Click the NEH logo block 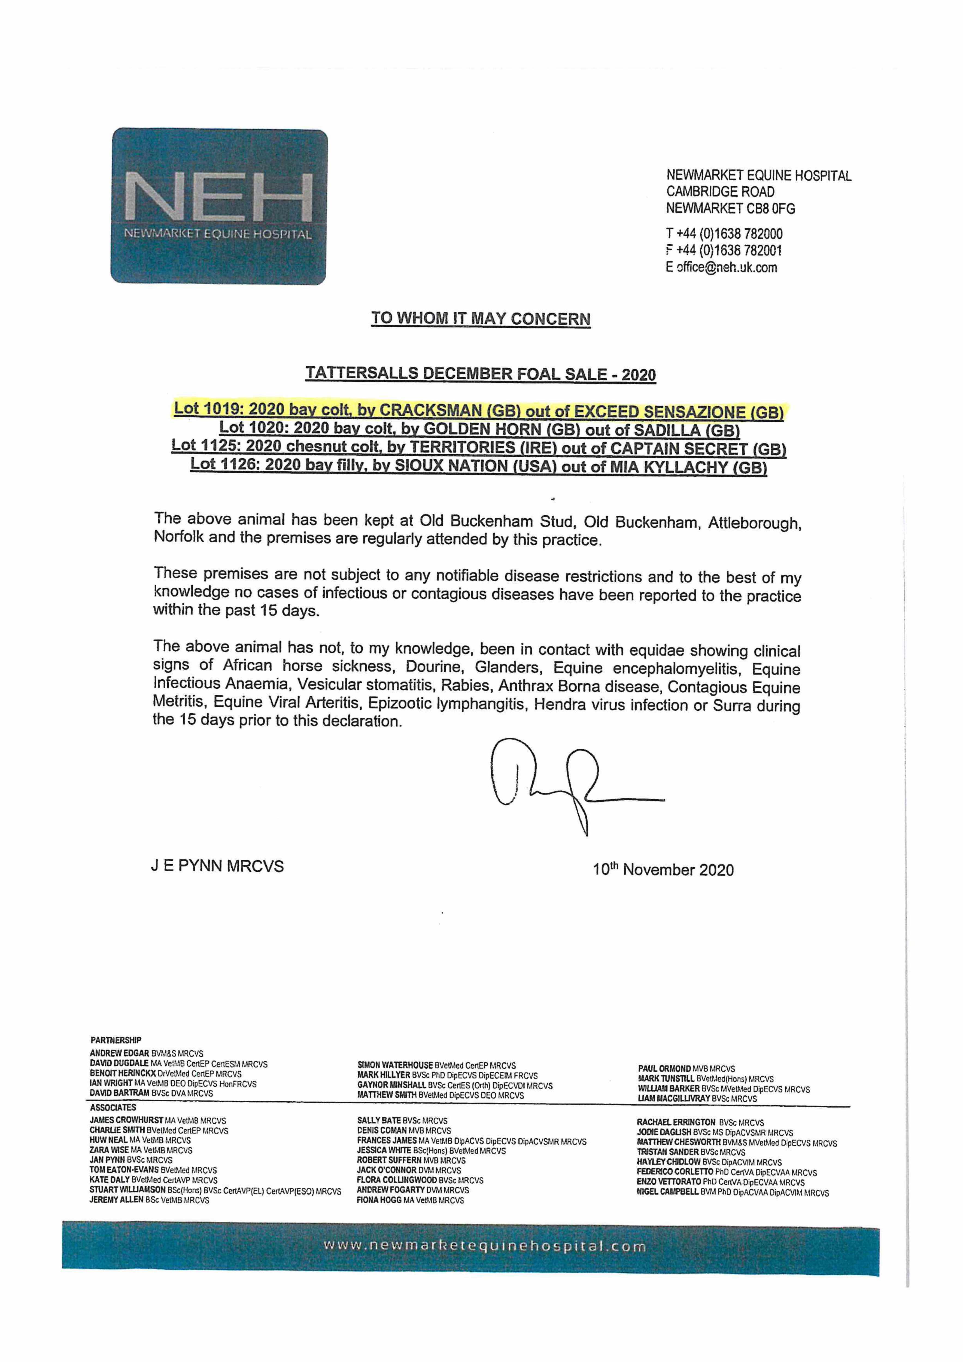pos(219,206)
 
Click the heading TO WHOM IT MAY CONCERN pos(481,318)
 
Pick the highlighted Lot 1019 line pos(478,411)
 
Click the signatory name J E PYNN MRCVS pos(217,866)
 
